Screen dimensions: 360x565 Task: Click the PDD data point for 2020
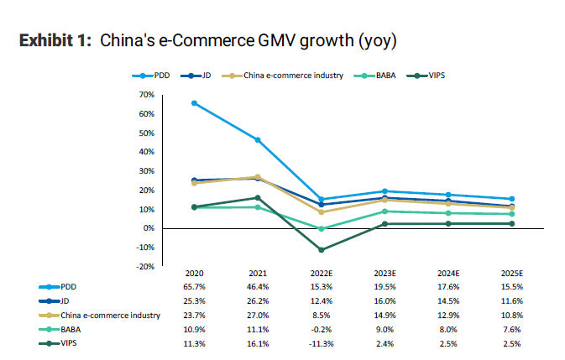195,103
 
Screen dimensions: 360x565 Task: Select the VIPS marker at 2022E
322,249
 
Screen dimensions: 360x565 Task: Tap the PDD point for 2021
258,139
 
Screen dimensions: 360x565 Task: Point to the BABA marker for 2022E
322,228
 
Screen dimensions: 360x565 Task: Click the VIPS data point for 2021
258,198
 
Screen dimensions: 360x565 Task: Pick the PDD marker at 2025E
511,199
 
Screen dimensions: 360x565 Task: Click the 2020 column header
195,274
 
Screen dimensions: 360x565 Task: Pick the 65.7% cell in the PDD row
195,286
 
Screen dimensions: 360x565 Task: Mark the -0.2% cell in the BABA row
322,330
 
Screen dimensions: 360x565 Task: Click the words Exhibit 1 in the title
55,40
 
